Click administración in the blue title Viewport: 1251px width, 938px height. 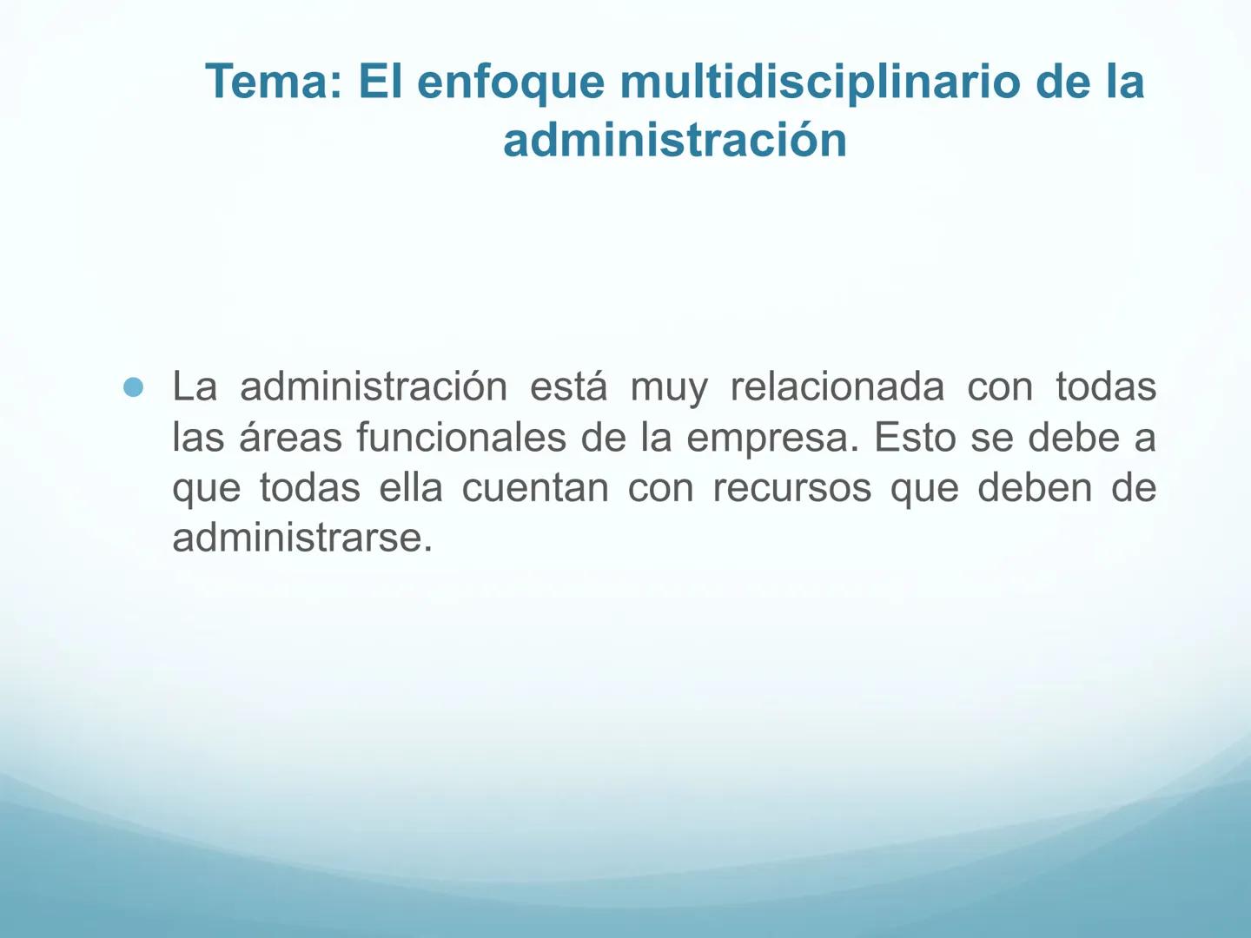click(674, 140)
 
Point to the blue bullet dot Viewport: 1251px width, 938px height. click(133, 387)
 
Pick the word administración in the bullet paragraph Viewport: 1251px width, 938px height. click(374, 386)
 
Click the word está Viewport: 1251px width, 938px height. click(568, 386)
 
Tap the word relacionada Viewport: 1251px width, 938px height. click(837, 386)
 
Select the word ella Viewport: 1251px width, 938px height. click(410, 487)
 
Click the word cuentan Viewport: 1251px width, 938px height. click(535, 488)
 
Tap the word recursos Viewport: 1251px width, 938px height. click(791, 488)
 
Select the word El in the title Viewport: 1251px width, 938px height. click(376, 82)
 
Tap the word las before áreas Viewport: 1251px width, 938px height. click(198, 437)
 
